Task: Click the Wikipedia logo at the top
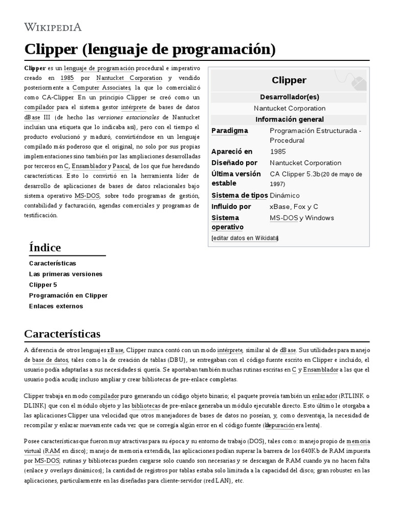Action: [53, 27]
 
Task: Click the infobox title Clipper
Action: [289, 80]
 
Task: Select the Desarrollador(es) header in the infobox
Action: [289, 97]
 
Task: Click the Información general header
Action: [289, 119]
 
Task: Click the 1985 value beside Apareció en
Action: [278, 151]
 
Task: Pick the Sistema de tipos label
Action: [239, 195]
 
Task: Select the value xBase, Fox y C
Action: [294, 206]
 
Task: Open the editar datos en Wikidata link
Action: [245, 238]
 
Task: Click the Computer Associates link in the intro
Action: [102, 88]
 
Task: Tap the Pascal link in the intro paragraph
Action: [121, 166]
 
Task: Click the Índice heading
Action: [45, 248]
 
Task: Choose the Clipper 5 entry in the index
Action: [43, 285]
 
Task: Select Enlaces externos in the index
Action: [56, 306]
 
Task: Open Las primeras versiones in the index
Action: [65, 274]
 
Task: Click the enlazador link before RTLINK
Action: [324, 396]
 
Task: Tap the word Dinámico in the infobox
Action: [285, 195]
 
